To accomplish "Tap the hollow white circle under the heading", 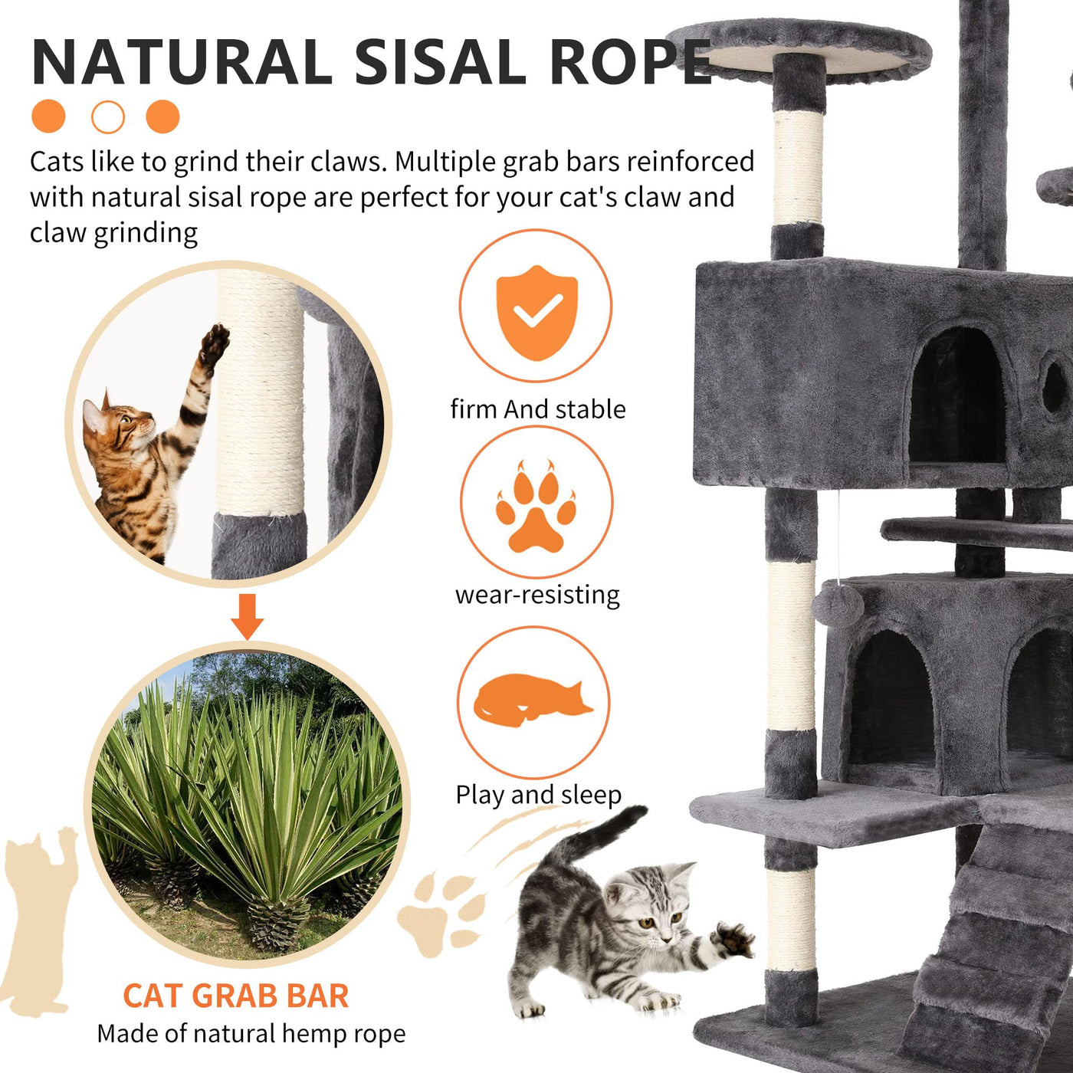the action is coord(108,117).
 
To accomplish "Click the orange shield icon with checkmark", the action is coord(536,313).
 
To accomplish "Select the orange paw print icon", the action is coord(536,506).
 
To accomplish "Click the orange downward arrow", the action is coord(248,617).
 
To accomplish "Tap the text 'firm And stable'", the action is coord(538,409).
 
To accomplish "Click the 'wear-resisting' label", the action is coord(537,596).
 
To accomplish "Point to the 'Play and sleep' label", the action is coord(539,795).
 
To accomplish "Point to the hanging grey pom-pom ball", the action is coord(838,606).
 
